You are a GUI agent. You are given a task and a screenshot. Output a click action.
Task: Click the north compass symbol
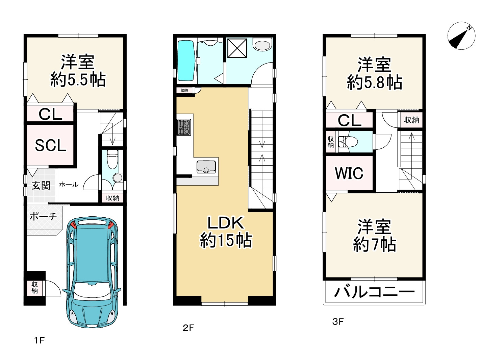(x=461, y=35)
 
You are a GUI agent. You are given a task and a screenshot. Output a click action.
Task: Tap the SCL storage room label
(x=50, y=145)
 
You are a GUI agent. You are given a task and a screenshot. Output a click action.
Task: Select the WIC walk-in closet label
(x=349, y=173)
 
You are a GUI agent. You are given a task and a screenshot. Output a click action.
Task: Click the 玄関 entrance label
(x=41, y=185)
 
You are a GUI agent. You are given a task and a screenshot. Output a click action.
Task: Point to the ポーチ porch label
(x=43, y=216)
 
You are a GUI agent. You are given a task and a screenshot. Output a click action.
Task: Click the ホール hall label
(x=69, y=185)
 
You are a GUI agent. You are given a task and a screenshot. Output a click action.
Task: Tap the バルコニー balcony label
(x=374, y=292)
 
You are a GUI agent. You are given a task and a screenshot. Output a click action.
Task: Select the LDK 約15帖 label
(x=226, y=232)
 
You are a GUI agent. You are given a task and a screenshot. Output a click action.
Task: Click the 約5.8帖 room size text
(x=374, y=82)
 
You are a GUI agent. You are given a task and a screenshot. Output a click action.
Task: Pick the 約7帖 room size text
(x=374, y=244)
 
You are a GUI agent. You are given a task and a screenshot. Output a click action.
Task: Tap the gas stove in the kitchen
(x=183, y=127)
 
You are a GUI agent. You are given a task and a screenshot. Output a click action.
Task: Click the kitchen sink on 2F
(x=206, y=167)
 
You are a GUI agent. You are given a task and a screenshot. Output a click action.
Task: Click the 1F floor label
(x=39, y=340)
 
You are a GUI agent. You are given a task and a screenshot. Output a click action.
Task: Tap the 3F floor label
(x=338, y=322)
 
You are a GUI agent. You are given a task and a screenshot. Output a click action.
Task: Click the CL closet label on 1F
(x=50, y=114)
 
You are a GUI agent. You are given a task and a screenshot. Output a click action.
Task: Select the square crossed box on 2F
(x=237, y=48)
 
